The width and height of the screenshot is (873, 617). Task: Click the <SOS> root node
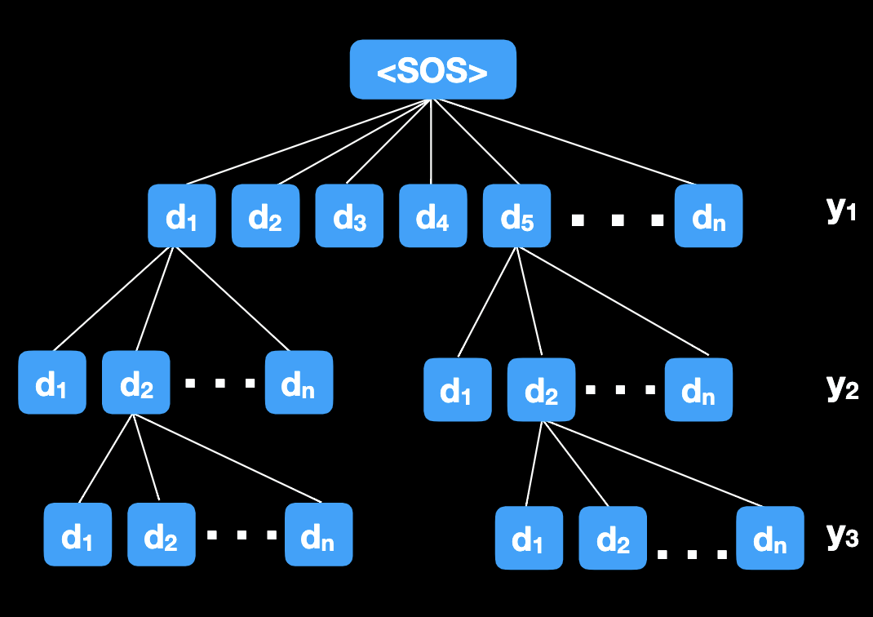pyautogui.click(x=432, y=69)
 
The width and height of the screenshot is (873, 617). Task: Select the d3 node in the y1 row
pyautogui.click(x=349, y=216)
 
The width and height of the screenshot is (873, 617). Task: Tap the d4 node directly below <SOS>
pyautogui.click(x=432, y=216)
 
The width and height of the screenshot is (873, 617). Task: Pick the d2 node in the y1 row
pyautogui.click(x=265, y=216)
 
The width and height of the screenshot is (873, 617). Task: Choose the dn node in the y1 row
pyautogui.click(x=708, y=216)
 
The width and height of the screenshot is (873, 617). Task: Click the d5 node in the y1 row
pyautogui.click(x=516, y=216)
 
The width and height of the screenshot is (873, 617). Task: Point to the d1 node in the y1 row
pyautogui.click(x=181, y=216)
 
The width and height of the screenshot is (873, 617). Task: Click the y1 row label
pyautogui.click(x=840, y=210)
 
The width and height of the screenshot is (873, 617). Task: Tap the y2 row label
pyautogui.click(x=841, y=387)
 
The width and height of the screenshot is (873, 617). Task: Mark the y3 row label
pyautogui.click(x=841, y=535)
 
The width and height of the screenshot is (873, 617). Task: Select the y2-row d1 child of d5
pyautogui.click(x=457, y=389)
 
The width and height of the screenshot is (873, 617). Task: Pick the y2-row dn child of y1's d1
pyautogui.click(x=299, y=382)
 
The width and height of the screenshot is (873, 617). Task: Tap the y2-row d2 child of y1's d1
pyautogui.click(x=135, y=382)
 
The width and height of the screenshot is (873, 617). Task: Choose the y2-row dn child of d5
pyautogui.click(x=698, y=389)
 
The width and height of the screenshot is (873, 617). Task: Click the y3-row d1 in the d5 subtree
pyautogui.click(x=529, y=538)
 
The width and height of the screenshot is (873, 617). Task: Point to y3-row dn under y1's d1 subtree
pyautogui.click(x=318, y=535)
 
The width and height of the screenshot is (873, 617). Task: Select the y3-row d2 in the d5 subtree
pyautogui.click(x=613, y=538)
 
